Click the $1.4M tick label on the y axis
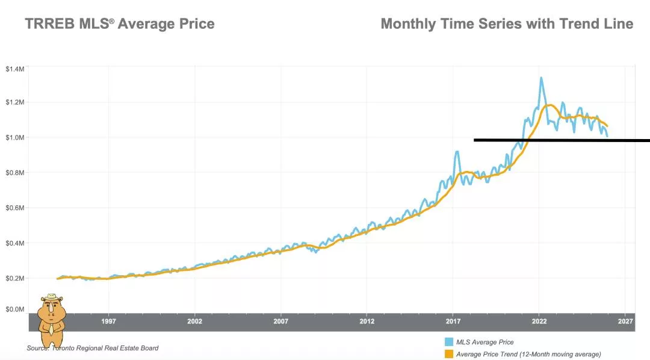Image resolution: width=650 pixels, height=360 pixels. pos(15,69)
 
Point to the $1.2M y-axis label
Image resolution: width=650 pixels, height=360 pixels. pos(15,102)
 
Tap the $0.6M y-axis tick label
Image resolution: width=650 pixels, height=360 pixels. pos(15,208)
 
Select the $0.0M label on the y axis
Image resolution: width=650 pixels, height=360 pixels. pos(15,309)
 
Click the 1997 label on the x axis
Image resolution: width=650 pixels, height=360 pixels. pos(109,321)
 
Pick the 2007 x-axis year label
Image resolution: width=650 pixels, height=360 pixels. pos(281,321)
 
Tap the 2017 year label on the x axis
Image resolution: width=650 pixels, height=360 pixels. pos(453,321)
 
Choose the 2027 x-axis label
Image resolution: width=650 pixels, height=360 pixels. pos(625,321)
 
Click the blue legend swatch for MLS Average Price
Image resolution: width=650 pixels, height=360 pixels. pos(448,342)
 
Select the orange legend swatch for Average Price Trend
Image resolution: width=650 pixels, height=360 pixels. pos(448,354)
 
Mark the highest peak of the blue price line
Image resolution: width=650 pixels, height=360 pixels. pos(541,77)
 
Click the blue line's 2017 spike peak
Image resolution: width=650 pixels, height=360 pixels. pos(457,152)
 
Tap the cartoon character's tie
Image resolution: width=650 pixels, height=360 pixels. pos(52,328)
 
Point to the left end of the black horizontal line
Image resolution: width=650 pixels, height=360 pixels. pos(475,140)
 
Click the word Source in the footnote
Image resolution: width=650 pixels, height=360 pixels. pos(38,348)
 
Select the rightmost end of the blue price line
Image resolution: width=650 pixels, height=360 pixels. pos(607,137)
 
